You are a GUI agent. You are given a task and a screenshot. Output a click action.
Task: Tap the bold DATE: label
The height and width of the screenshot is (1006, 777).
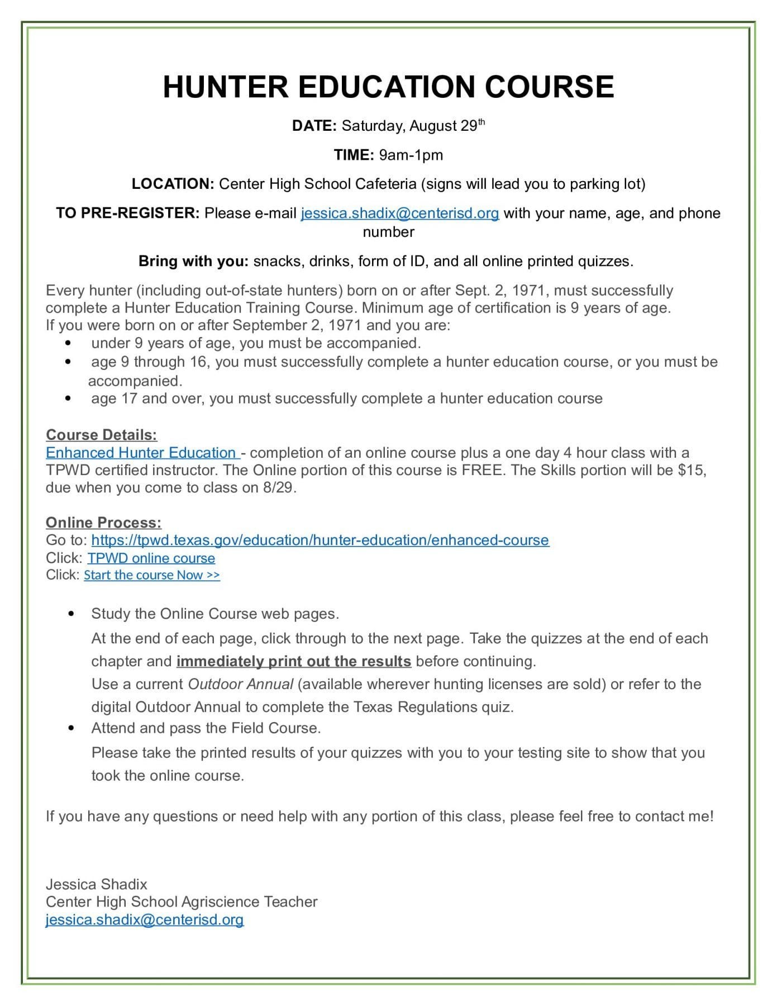tap(314, 126)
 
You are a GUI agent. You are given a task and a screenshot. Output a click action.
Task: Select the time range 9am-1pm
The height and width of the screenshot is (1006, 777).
tap(411, 155)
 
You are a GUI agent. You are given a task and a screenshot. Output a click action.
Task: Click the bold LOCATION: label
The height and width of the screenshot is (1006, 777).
tap(173, 184)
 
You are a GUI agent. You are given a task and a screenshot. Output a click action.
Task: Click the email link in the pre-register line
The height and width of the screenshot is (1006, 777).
tap(399, 213)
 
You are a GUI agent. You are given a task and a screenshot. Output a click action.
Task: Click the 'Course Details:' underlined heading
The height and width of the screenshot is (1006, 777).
tap(101, 435)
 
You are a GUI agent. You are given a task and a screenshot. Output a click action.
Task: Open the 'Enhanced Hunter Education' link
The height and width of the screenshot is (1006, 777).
tap(142, 453)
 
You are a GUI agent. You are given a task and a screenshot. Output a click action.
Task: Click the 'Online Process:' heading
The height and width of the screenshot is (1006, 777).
tap(103, 523)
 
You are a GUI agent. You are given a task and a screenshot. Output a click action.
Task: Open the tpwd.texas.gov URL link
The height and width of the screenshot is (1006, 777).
tap(320, 540)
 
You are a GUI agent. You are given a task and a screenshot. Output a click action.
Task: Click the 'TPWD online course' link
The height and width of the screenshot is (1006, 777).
tap(151, 558)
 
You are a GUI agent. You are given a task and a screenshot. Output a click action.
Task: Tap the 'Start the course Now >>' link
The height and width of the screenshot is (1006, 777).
tap(152, 575)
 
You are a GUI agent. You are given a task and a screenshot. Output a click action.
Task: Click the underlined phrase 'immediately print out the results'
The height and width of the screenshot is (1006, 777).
tap(294, 661)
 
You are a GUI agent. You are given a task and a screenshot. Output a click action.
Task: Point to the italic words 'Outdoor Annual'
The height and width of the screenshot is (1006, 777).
tap(241, 684)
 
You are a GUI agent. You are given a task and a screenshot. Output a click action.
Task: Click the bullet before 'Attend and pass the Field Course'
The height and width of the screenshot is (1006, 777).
tap(70, 728)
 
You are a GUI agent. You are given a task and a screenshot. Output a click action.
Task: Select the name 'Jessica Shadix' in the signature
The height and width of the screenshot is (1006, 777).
tap(97, 884)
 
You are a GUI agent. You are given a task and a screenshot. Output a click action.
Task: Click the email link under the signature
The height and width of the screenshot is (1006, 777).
tap(145, 920)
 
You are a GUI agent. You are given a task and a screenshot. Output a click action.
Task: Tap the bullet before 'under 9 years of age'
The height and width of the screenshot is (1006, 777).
tap(68, 343)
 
